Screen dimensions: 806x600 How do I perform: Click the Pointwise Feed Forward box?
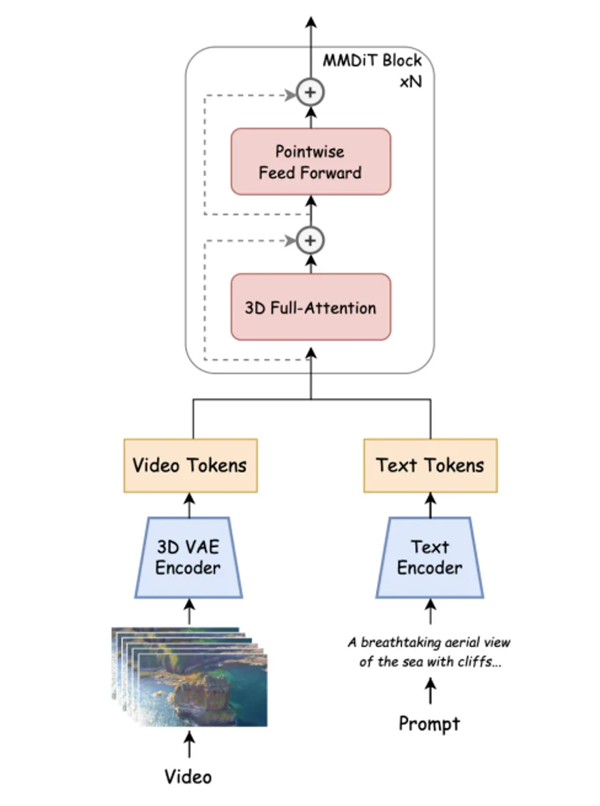click(x=311, y=161)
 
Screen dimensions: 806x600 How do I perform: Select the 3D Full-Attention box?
click(x=311, y=307)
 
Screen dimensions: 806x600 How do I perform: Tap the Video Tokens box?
click(x=190, y=465)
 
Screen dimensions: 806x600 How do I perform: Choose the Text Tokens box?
click(x=430, y=465)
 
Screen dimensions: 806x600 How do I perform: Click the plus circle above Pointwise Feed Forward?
click(x=311, y=92)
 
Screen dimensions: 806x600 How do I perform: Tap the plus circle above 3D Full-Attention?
click(x=311, y=240)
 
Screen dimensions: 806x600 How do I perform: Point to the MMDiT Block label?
click(x=373, y=59)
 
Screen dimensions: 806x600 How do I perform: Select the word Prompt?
click(x=429, y=723)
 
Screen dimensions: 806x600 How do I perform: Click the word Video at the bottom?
click(x=188, y=776)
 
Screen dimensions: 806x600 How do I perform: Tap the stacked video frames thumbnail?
click(x=190, y=676)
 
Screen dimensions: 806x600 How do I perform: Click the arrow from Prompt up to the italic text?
click(x=430, y=691)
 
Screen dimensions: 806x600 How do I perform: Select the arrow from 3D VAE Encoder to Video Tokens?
click(x=189, y=505)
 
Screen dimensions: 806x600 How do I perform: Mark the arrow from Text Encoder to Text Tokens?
click(x=430, y=505)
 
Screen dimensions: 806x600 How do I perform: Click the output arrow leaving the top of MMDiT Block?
click(x=311, y=31)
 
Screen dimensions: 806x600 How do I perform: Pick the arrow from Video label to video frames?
click(x=189, y=745)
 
